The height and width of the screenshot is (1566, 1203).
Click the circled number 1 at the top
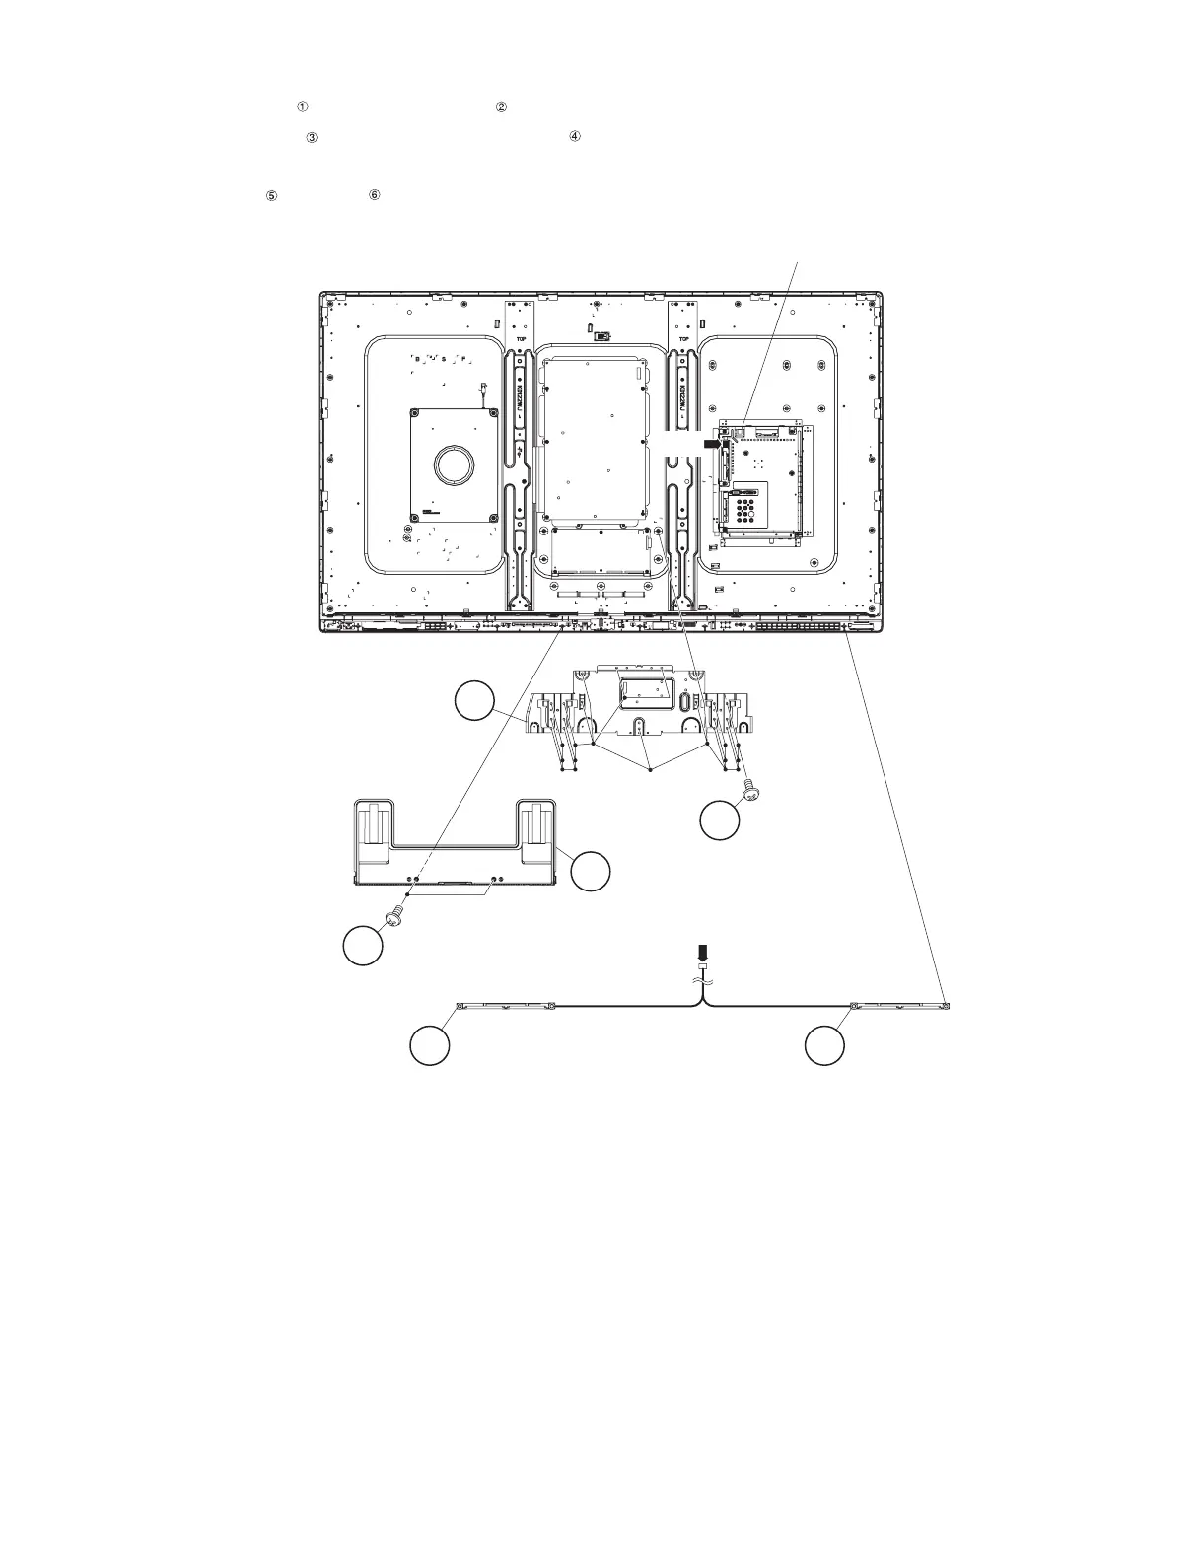pos(303,107)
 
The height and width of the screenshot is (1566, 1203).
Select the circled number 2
pos(501,107)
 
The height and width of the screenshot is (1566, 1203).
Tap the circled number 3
pos(312,139)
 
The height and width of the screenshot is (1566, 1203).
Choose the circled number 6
pos(375,195)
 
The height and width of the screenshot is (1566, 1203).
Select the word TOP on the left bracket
pos(520,337)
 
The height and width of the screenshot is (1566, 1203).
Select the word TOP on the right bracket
pos(685,337)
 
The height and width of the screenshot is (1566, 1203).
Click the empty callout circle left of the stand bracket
pos(474,704)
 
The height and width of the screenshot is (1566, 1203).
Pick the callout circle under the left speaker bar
pos(430,1045)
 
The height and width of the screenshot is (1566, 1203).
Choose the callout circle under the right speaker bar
pos(824,1045)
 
